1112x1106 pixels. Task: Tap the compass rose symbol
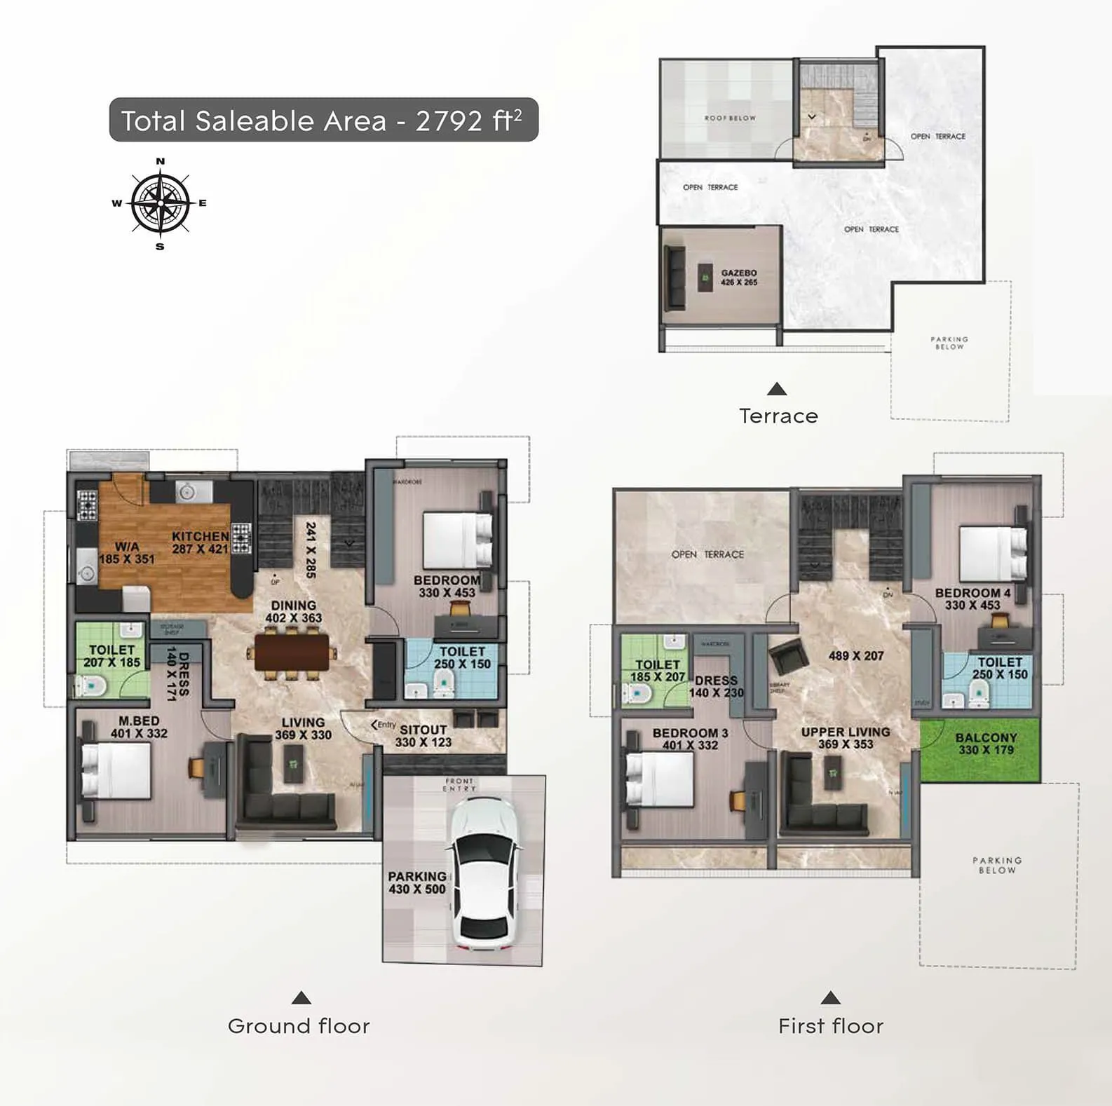click(161, 203)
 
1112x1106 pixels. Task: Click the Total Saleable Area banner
click(323, 121)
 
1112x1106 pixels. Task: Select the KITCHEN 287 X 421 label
click(201, 542)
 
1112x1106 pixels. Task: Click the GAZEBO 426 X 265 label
click(739, 278)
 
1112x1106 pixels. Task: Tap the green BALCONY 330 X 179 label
click(986, 744)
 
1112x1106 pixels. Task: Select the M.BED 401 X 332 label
click(139, 727)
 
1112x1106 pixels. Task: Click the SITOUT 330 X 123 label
click(423, 736)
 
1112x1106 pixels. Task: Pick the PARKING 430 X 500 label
click(416, 882)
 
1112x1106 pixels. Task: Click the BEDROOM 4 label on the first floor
click(972, 599)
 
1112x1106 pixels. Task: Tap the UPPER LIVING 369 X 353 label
click(846, 737)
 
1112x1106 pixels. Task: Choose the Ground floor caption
click(299, 1026)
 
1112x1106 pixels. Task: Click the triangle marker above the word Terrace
click(777, 389)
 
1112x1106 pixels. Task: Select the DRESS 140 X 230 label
click(716, 686)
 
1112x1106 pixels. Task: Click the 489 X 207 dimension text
click(855, 656)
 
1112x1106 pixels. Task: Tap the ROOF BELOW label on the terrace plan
click(730, 118)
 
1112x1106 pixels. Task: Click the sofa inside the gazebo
click(676, 278)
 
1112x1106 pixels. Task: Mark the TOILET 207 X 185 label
click(111, 656)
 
